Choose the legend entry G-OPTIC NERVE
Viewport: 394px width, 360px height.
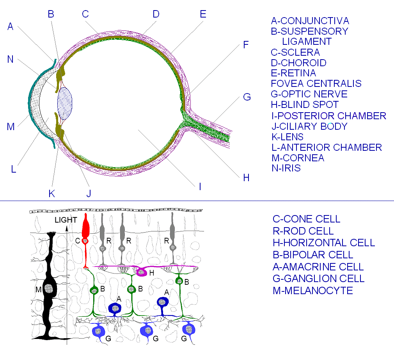309,94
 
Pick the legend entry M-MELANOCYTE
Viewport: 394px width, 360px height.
312,290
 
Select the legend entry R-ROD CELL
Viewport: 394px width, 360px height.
303,231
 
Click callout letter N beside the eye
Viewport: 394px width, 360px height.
11,59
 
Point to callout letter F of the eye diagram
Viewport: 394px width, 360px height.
245,45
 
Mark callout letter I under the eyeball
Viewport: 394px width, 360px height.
200,187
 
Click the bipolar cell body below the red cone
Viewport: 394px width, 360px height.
94,290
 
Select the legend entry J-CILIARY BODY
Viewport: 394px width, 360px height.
309,126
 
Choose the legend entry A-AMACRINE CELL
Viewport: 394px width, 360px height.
318,266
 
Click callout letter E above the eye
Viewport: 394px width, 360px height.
202,14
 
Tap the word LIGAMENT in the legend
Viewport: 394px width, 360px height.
307,41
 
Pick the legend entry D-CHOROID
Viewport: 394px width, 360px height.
298,63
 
